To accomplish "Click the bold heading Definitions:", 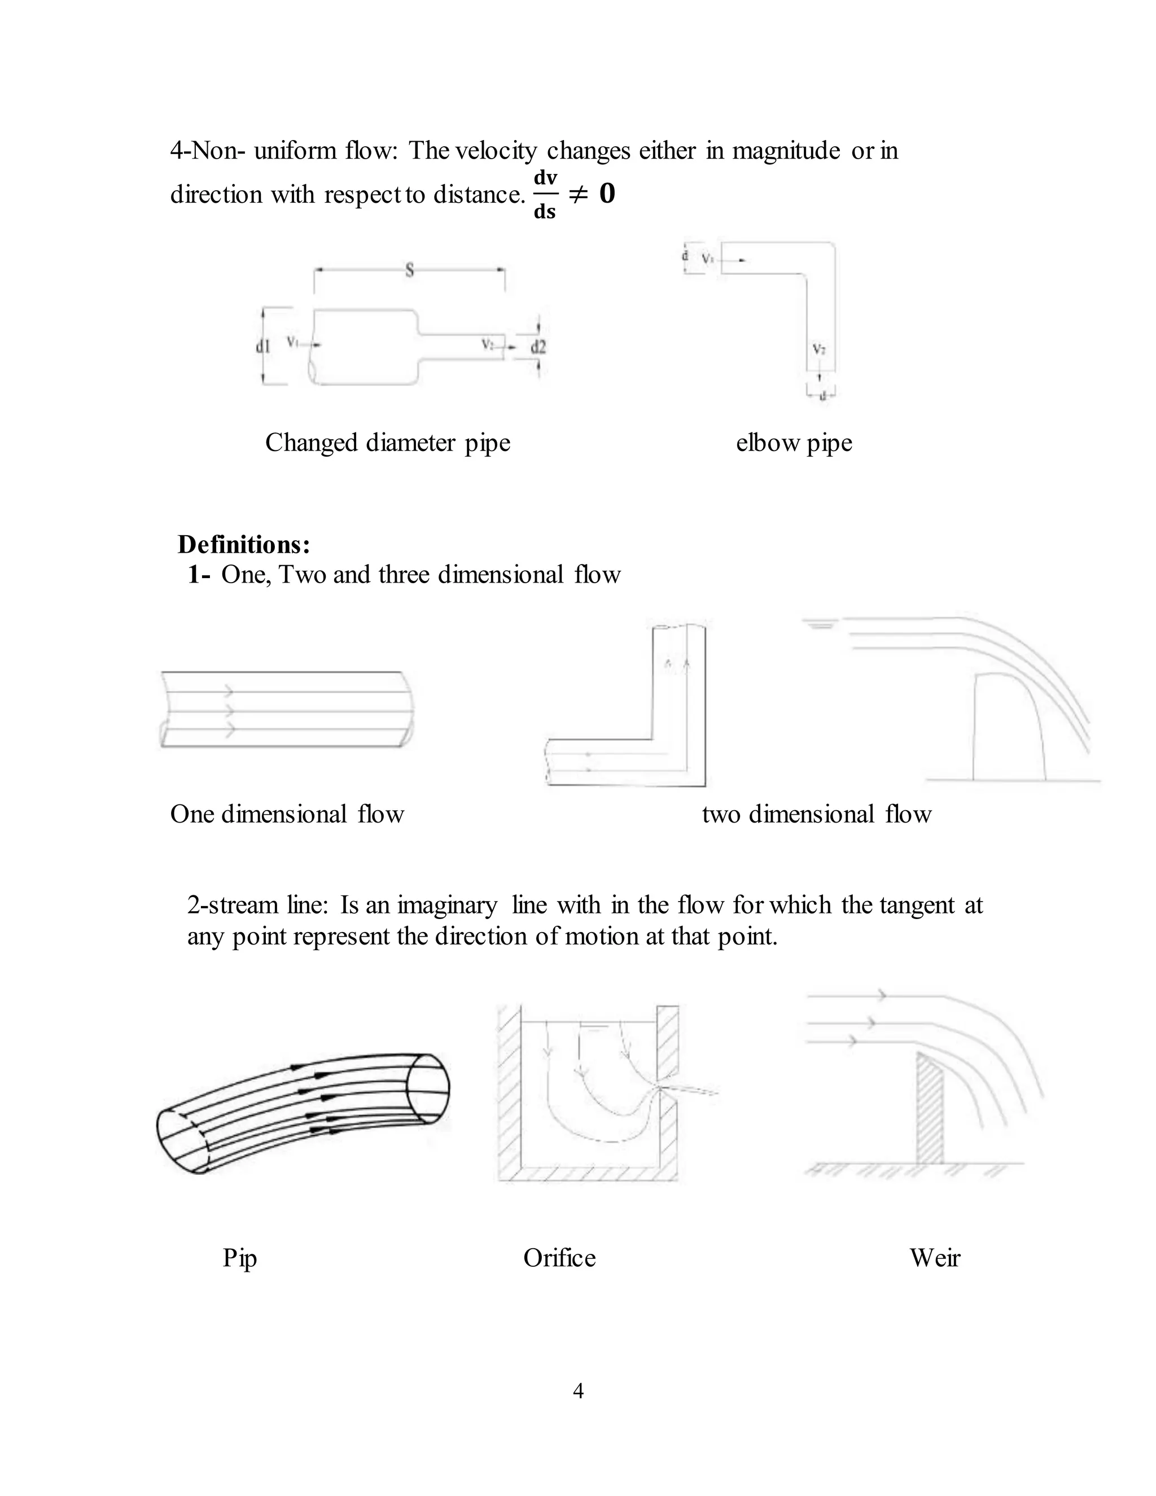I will click(244, 545).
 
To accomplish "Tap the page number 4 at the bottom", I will click(578, 1390).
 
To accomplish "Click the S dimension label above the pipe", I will click(410, 270).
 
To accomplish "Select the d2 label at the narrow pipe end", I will click(539, 347).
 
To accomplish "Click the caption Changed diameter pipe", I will click(388, 443).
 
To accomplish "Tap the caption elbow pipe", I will click(794, 443).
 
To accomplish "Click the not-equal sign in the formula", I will click(578, 195).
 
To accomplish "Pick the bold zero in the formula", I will click(607, 194).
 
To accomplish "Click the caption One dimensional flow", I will click(287, 813).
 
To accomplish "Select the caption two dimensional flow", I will click(816, 813).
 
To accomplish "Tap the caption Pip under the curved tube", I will click(240, 1258).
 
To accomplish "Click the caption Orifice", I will click(559, 1258).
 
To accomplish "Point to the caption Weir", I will click(935, 1258).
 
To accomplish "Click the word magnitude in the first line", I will click(786, 150).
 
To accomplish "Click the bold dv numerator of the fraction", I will click(545, 177).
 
